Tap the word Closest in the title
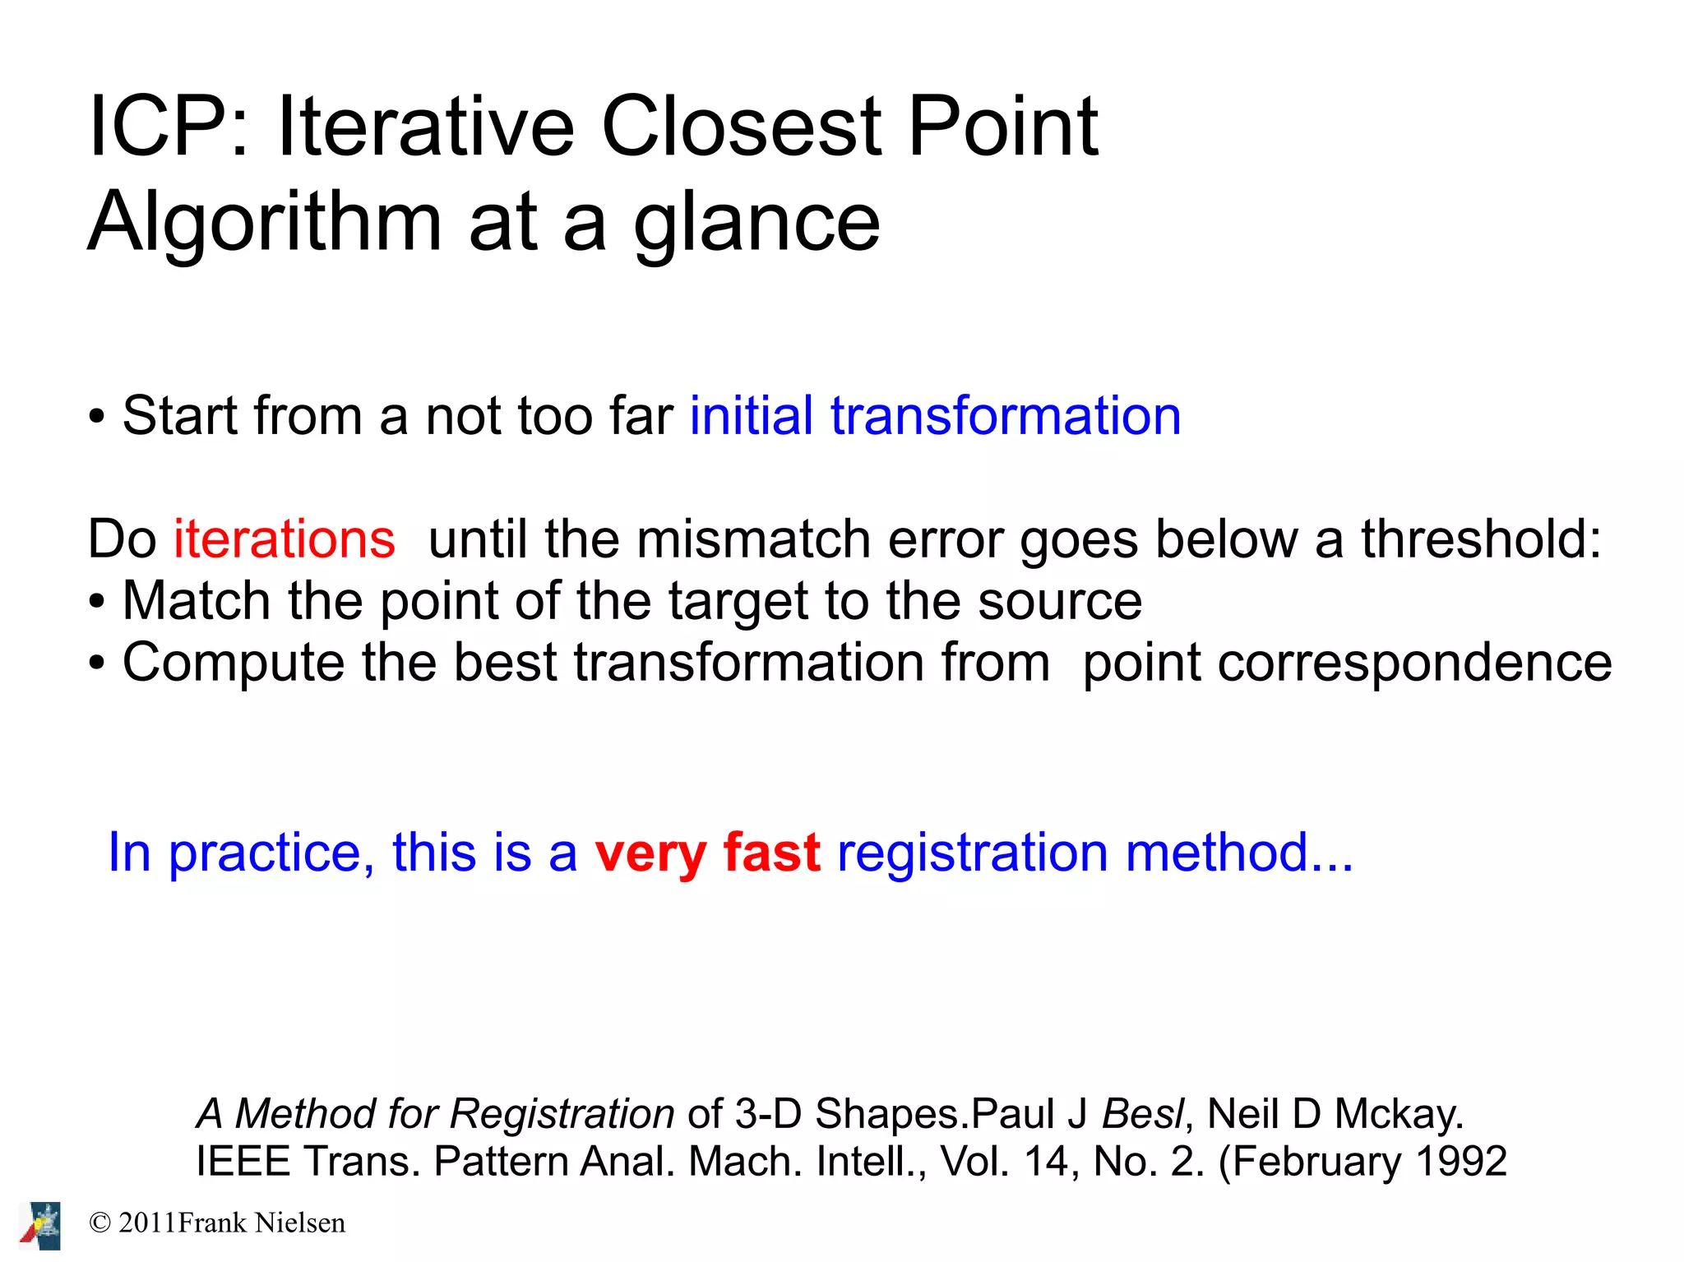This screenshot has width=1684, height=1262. [x=741, y=127]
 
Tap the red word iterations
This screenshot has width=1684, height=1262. [x=285, y=540]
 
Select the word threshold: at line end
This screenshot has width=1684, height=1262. [x=1481, y=540]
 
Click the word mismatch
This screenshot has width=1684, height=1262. [x=753, y=540]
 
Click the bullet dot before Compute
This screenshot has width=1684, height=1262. [x=97, y=664]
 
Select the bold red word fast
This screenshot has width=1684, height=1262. [x=771, y=853]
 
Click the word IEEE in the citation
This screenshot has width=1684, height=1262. [x=243, y=1162]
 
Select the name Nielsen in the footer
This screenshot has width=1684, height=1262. [x=300, y=1223]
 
